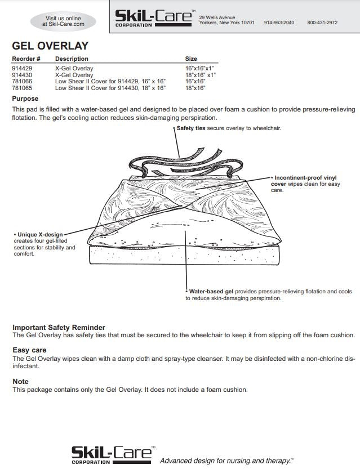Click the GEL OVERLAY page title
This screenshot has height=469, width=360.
coord(50,46)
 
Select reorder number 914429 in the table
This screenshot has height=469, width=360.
coord(21,69)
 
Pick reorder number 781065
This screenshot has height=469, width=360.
coord(21,88)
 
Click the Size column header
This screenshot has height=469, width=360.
coord(191,59)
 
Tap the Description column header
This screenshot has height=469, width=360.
coord(72,59)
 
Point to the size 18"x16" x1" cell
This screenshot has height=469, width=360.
coord(200,75)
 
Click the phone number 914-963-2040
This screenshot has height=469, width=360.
coord(279,23)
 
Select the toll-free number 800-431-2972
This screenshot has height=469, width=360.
coord(322,23)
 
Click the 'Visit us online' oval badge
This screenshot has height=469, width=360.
coord(63,21)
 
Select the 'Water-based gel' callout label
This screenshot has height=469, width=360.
coord(211,292)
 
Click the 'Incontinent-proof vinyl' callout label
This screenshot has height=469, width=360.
coord(305,178)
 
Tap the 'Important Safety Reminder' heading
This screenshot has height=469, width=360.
coord(59,327)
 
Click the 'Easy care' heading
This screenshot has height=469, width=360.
coord(29,350)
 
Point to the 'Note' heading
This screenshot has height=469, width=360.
coord(20,381)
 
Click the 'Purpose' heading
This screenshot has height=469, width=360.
coord(25,99)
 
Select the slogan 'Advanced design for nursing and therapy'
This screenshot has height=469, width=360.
coord(226,461)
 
